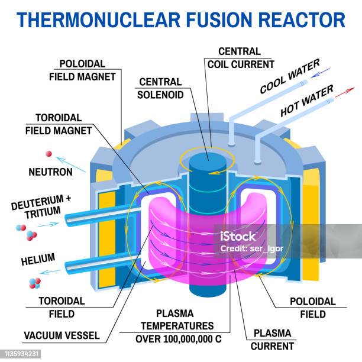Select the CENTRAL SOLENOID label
tap(161, 88)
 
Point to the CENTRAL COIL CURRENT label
tap(239, 57)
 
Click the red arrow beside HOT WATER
tap(345, 91)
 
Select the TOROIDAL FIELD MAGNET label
tap(58, 124)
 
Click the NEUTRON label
tap(50, 172)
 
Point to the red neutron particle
tap(49, 154)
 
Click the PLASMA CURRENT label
tap(273, 340)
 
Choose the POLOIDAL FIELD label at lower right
tap(312, 307)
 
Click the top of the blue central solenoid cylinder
tap(208, 158)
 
